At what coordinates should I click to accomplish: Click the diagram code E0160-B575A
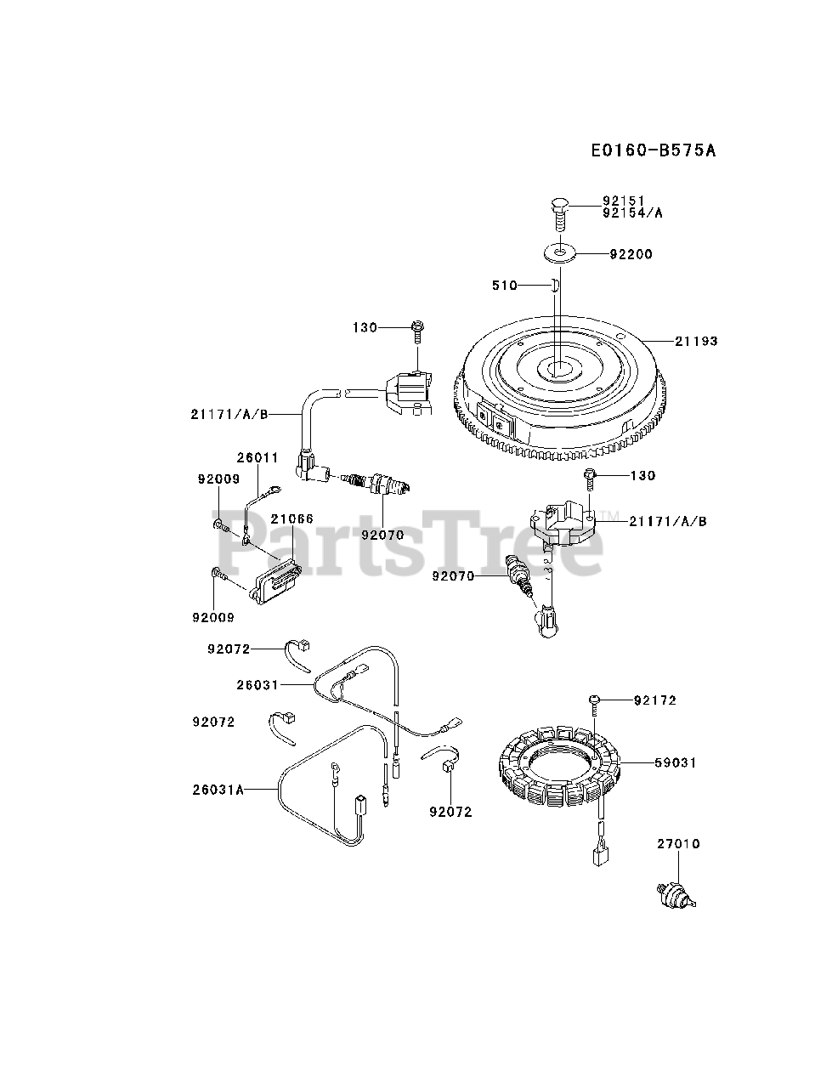tap(653, 150)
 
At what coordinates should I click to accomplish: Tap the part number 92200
tap(631, 254)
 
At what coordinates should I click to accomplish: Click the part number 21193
tap(696, 342)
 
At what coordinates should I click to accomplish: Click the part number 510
tap(505, 286)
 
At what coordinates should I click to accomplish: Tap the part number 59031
tap(675, 763)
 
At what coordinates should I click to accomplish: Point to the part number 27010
tap(677, 844)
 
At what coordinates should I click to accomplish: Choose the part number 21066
tap(291, 518)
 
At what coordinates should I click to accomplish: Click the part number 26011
tap(258, 458)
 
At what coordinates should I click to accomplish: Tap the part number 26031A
tap(218, 790)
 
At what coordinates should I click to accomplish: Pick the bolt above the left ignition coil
tap(416, 329)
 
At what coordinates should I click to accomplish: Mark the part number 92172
tap(655, 700)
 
